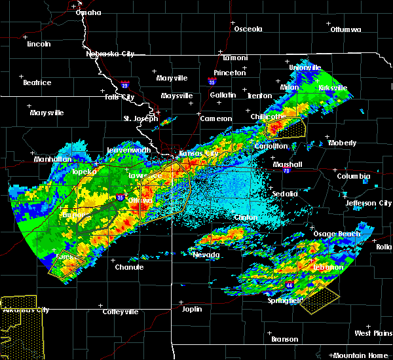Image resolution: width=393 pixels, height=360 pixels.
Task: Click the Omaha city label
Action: tap(88, 12)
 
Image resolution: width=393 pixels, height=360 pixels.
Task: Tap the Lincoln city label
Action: tap(39, 44)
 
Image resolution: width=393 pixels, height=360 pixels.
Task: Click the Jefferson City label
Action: tap(368, 203)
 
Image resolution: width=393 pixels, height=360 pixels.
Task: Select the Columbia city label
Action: tap(354, 176)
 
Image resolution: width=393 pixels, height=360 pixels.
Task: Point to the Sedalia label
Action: tap(286, 194)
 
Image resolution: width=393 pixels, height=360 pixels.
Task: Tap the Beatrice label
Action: tap(37, 82)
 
